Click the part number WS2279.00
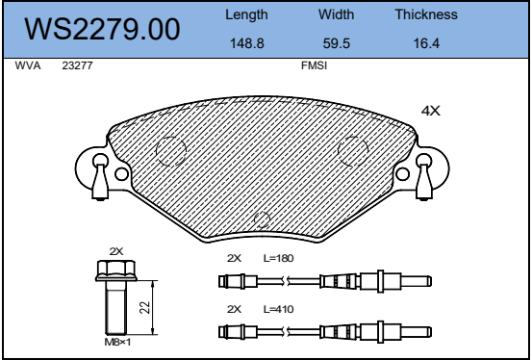102,29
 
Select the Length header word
246,15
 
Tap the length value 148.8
247,43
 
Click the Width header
337,14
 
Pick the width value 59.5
337,43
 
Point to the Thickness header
426,14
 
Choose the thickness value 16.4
426,43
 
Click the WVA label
28,65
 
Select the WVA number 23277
77,65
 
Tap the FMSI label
315,65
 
